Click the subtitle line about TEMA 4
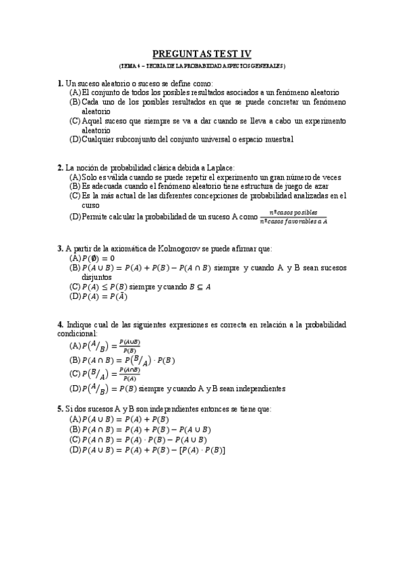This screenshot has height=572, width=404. point(202,65)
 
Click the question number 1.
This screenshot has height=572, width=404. point(60,82)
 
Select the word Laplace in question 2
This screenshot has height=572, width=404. point(218,167)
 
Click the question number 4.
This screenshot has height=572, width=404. point(60,324)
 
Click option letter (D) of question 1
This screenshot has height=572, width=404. point(75,140)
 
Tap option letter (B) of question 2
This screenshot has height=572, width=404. point(75,186)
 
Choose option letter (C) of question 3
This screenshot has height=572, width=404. point(75,286)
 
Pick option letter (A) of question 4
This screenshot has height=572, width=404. point(75,346)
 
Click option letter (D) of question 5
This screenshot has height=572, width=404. point(75,449)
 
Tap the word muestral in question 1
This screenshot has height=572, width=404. point(278,140)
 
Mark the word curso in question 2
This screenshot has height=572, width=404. point(90,205)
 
